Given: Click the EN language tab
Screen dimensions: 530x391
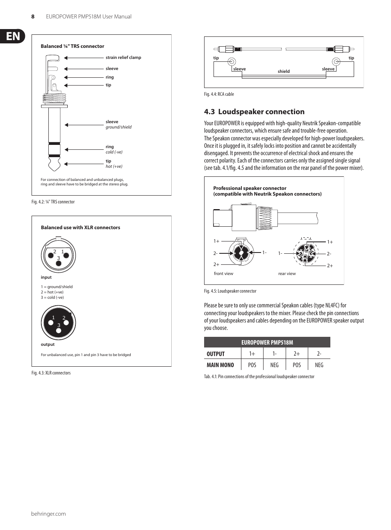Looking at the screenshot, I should [13, 36].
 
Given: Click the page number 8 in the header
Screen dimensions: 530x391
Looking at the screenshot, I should [33, 17].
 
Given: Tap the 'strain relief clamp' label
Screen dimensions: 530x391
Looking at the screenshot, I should [123, 58].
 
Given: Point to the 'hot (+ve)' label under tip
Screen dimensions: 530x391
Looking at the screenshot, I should [114, 167].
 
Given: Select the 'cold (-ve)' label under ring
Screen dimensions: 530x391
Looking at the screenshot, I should [114, 152].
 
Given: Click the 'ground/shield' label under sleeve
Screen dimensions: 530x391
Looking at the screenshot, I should [118, 127].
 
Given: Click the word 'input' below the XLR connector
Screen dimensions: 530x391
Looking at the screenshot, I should [46, 277].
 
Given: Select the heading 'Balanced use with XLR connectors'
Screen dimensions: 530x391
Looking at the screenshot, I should [80, 228].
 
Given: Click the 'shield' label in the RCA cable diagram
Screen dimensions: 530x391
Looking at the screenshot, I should [284, 71].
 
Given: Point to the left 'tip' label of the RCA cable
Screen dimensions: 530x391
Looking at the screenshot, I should [216, 58].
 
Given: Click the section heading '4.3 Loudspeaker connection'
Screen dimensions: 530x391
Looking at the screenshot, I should [254, 112].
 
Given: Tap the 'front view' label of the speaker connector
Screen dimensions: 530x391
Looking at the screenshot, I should [223, 274].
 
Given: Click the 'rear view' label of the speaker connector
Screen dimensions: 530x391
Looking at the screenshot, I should [287, 274].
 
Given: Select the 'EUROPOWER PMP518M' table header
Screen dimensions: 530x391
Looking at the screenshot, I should [267, 343].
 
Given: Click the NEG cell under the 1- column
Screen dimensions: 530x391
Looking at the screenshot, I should [274, 365].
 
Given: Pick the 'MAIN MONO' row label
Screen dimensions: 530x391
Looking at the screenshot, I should [220, 365].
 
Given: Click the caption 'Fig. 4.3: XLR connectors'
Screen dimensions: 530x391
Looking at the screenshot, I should [51, 373].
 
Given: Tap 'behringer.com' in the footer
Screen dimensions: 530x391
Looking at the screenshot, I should [48, 514].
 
